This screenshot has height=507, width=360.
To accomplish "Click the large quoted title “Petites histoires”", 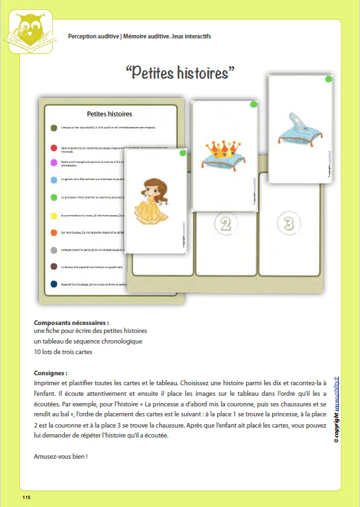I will click(x=180, y=71).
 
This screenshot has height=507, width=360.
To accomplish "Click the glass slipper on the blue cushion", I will click(x=298, y=126).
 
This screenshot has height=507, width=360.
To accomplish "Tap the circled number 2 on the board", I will click(x=226, y=223).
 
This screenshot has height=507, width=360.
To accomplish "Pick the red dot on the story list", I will click(x=54, y=147).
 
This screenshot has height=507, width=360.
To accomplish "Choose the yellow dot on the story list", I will click(x=54, y=215).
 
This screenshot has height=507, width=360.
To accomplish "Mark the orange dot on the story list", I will click(x=54, y=232).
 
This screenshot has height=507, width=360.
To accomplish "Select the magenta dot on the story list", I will click(x=54, y=162).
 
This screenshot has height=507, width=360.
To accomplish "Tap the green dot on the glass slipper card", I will click(x=329, y=79).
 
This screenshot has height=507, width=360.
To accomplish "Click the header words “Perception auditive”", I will click(x=93, y=36).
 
